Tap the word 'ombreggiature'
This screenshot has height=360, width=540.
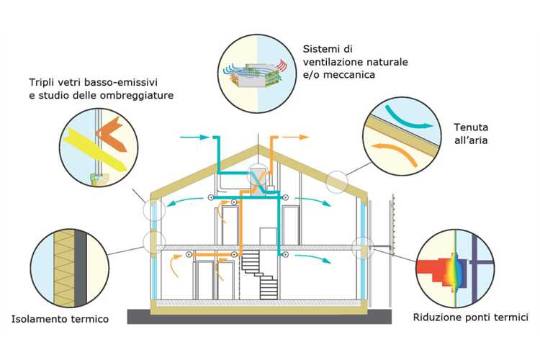tap(140, 95)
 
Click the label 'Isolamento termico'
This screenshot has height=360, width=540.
tap(60, 318)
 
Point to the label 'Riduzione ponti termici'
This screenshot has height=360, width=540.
tap(472, 316)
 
